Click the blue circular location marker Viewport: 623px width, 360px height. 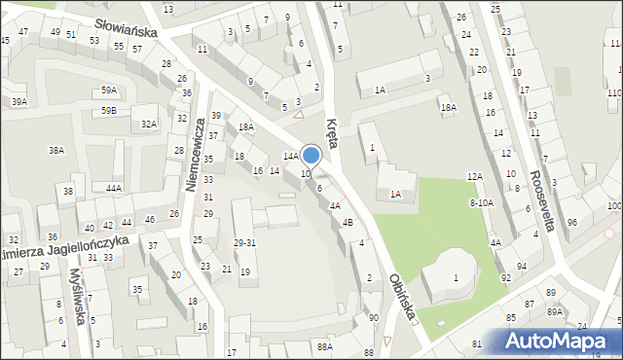[x=311, y=155]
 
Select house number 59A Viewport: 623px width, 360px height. [x=109, y=90]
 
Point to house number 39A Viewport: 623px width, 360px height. [x=18, y=101]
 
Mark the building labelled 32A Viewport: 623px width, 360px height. [x=148, y=124]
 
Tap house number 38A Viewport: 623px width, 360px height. [x=56, y=150]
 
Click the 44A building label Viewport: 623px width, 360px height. [x=114, y=188]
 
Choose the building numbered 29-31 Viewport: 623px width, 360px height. [x=244, y=242]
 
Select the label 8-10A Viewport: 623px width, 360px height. [x=482, y=202]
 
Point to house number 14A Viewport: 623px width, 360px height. [x=290, y=156]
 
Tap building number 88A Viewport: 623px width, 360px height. [x=324, y=345]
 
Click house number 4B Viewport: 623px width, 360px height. [x=348, y=222]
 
